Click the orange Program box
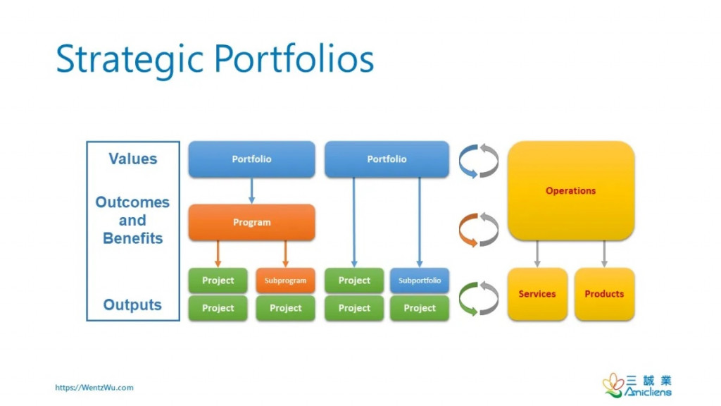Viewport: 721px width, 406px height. click(x=251, y=223)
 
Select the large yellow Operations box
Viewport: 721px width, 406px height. click(x=571, y=191)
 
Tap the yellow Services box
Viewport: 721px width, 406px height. click(x=537, y=294)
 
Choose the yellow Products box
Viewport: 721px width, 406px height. click(x=604, y=294)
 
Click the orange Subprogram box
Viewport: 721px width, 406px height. click(x=285, y=281)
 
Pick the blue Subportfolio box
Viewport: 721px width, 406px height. click(x=420, y=281)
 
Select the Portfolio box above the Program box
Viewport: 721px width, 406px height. click(x=251, y=159)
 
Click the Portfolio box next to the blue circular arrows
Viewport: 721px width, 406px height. click(x=387, y=159)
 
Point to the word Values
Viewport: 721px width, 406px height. click(x=133, y=159)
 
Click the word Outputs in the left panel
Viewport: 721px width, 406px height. click(x=132, y=305)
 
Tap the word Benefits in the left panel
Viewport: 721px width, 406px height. click(x=132, y=238)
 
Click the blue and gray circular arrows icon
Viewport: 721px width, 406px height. click(x=478, y=161)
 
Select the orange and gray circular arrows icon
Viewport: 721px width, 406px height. click(x=478, y=230)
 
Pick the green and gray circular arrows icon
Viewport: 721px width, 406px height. click(x=478, y=298)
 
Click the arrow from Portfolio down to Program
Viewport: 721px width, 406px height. click(x=251, y=190)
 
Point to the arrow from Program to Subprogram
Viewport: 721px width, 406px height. click(x=285, y=254)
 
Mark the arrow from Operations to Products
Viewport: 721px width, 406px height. click(x=604, y=254)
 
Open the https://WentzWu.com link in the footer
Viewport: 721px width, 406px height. click(x=94, y=387)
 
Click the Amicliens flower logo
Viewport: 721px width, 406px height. click(x=612, y=385)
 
